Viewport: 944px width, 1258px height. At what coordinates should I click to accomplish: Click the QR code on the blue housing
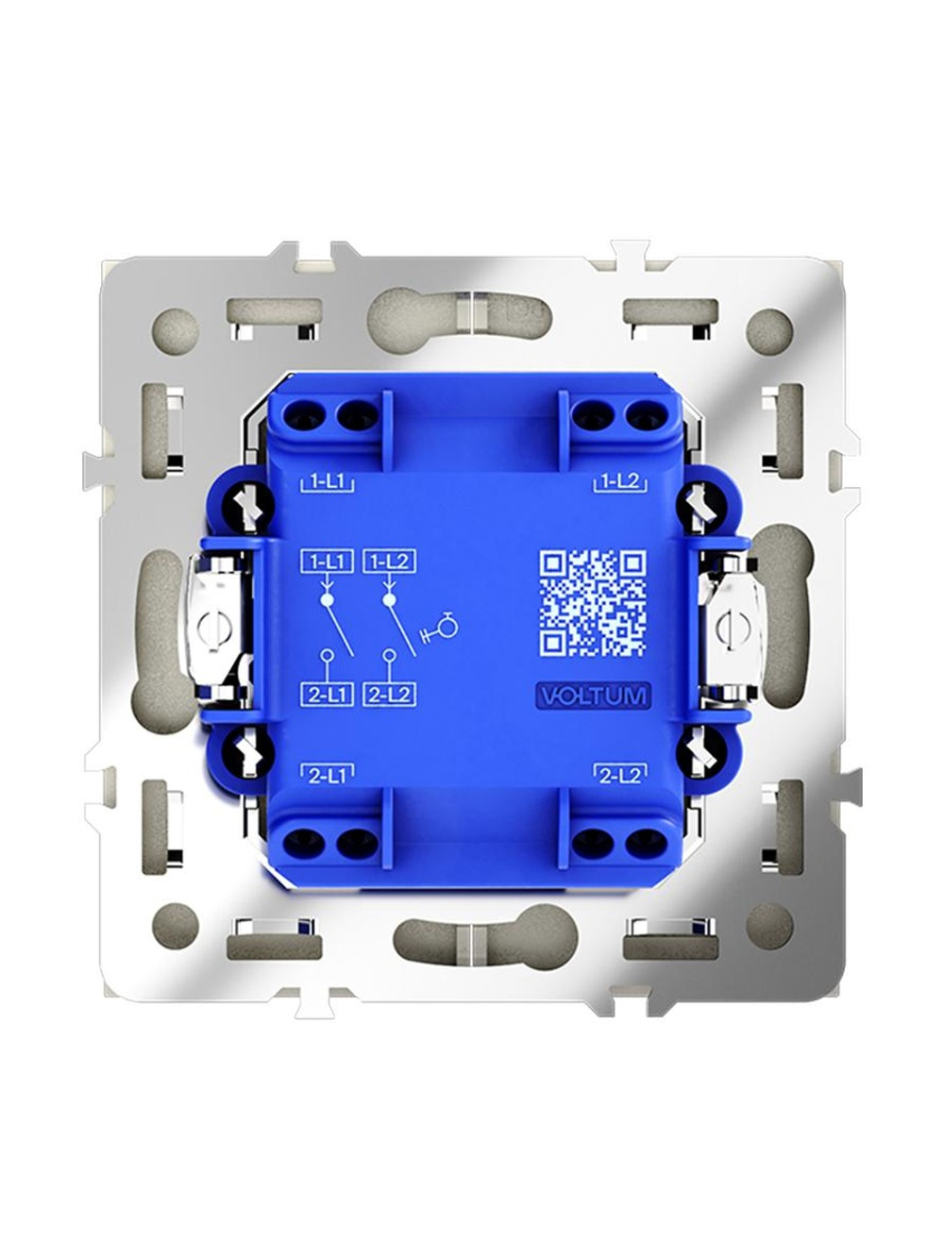coord(593,602)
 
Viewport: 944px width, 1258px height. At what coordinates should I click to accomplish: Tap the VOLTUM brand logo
coord(593,696)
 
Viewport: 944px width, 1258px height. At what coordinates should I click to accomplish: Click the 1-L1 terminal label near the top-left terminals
coord(328,482)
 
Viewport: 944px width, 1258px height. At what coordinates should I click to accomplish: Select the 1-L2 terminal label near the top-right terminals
coord(621,482)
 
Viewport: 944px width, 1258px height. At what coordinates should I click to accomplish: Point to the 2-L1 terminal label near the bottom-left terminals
coord(328,776)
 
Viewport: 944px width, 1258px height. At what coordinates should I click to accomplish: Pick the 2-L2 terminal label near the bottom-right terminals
coord(621,776)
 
